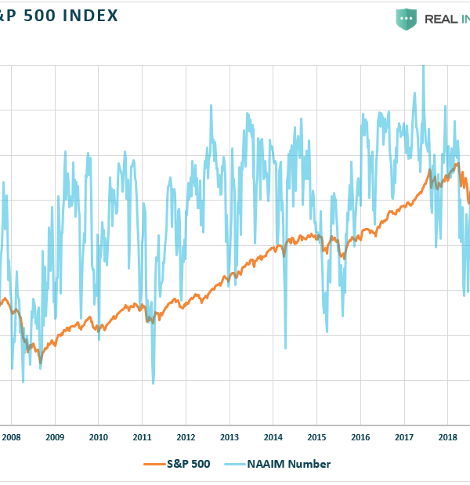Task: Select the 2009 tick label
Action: point(54,436)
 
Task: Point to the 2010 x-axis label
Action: point(98,436)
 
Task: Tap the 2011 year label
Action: point(142,436)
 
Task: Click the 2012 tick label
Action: point(186,436)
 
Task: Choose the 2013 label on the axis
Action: point(230,436)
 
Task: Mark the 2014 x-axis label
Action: point(273,436)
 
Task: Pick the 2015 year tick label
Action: point(317,436)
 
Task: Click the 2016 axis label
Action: point(360,436)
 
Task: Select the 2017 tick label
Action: point(404,436)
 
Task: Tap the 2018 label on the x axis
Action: point(448,436)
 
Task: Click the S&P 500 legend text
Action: point(187,464)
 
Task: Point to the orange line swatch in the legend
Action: point(153,464)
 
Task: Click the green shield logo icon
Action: point(406,19)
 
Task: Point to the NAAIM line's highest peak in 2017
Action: point(423,66)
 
